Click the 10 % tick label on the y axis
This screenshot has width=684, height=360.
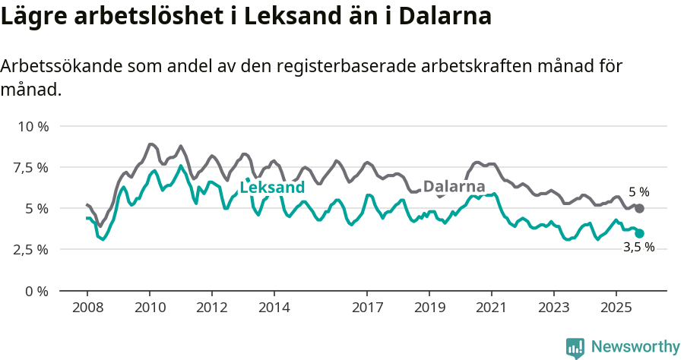[x=32, y=126]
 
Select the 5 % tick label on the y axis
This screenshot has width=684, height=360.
[x=36, y=208]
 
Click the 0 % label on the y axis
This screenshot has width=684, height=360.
[x=36, y=291]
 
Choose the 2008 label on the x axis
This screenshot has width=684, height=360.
[x=87, y=308]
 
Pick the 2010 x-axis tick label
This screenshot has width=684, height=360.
[x=149, y=308]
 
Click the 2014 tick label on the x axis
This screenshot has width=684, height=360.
[x=274, y=308]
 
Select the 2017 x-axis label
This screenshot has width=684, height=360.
[x=367, y=308]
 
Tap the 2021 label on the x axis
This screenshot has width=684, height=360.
[x=492, y=308]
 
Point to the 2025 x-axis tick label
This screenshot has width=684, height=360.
[x=616, y=308]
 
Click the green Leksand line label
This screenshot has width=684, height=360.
[x=272, y=188]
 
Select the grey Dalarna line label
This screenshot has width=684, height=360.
[x=454, y=186]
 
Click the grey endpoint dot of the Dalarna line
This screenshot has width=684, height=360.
[x=639, y=208]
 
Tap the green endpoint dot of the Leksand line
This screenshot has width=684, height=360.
[x=639, y=233]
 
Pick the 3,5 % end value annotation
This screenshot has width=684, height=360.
[x=638, y=248]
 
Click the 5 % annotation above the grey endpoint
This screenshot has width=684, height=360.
[x=639, y=192]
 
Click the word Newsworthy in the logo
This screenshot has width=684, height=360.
[x=635, y=347]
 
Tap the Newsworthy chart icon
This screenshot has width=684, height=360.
[x=575, y=348]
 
